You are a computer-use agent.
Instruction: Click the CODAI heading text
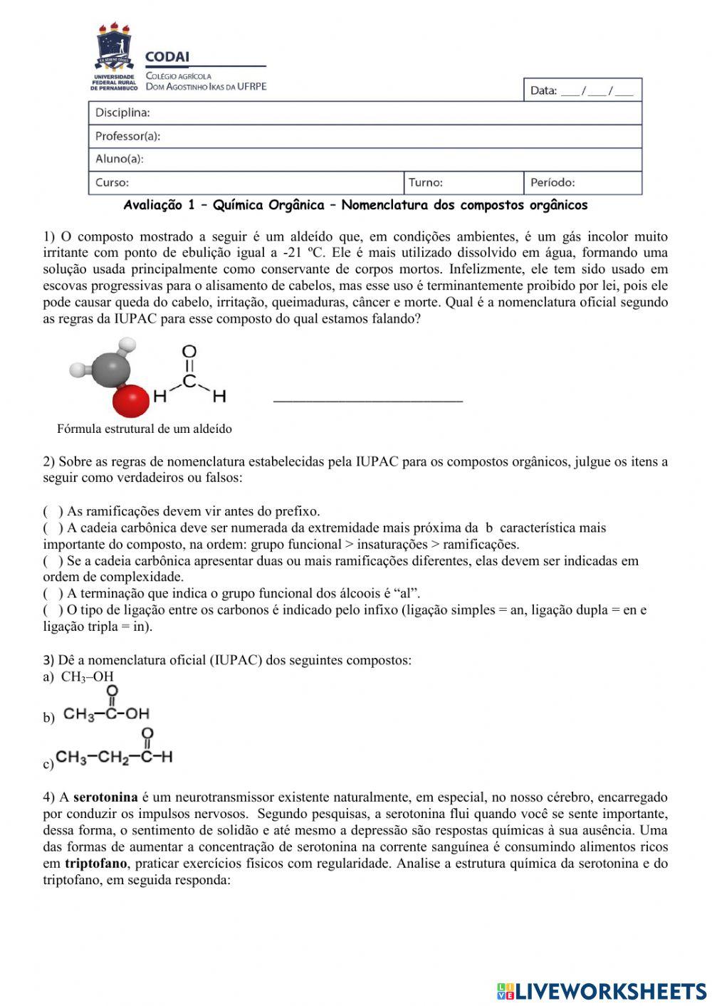point(167,58)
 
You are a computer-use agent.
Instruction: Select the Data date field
point(582,90)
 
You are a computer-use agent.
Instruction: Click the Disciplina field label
point(122,112)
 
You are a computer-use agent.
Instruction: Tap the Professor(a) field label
point(127,136)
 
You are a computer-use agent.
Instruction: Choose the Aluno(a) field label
point(120,159)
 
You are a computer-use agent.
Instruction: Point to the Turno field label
point(425,182)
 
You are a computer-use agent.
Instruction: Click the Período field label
point(553,182)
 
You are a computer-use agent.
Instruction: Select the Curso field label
point(112,182)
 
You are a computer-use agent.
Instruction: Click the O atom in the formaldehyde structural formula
point(189,351)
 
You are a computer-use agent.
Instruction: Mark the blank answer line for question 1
point(367,401)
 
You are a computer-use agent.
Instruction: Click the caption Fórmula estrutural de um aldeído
point(145,429)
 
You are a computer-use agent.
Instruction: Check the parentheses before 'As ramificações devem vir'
point(53,511)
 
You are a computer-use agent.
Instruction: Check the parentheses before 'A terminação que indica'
point(53,593)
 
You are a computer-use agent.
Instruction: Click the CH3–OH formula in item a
point(87,676)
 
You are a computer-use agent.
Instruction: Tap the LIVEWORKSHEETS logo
point(602,990)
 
